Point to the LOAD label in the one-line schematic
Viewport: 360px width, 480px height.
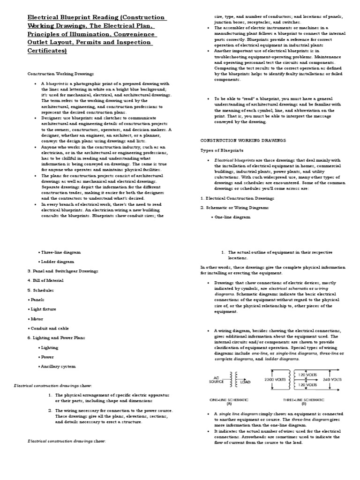point(246,382)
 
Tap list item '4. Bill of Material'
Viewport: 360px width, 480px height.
point(45,280)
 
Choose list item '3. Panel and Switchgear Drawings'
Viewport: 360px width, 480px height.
point(63,271)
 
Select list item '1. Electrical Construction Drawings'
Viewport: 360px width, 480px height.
point(237,198)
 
